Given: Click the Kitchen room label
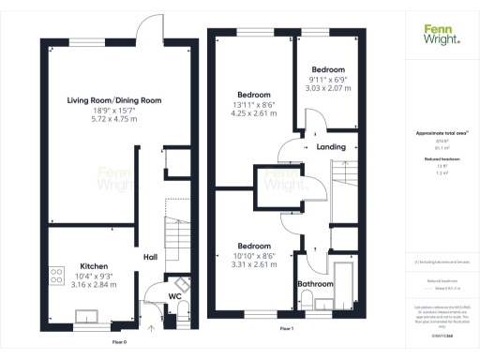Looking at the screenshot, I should tap(91, 265).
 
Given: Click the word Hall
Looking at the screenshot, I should tap(150, 256).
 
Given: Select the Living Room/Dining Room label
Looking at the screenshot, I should tap(114, 100).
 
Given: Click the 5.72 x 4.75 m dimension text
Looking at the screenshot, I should tap(114, 119).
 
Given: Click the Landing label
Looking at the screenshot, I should tap(330, 146).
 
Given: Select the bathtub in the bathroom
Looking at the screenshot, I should tap(343, 278).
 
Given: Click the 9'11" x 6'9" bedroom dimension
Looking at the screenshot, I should tap(327, 80).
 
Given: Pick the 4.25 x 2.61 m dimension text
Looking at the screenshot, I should tap(254, 113).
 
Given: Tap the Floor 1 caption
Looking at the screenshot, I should tap(287, 329).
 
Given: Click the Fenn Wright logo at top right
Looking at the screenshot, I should tap(441, 33).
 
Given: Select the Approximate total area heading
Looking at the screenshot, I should tap(441, 134).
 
